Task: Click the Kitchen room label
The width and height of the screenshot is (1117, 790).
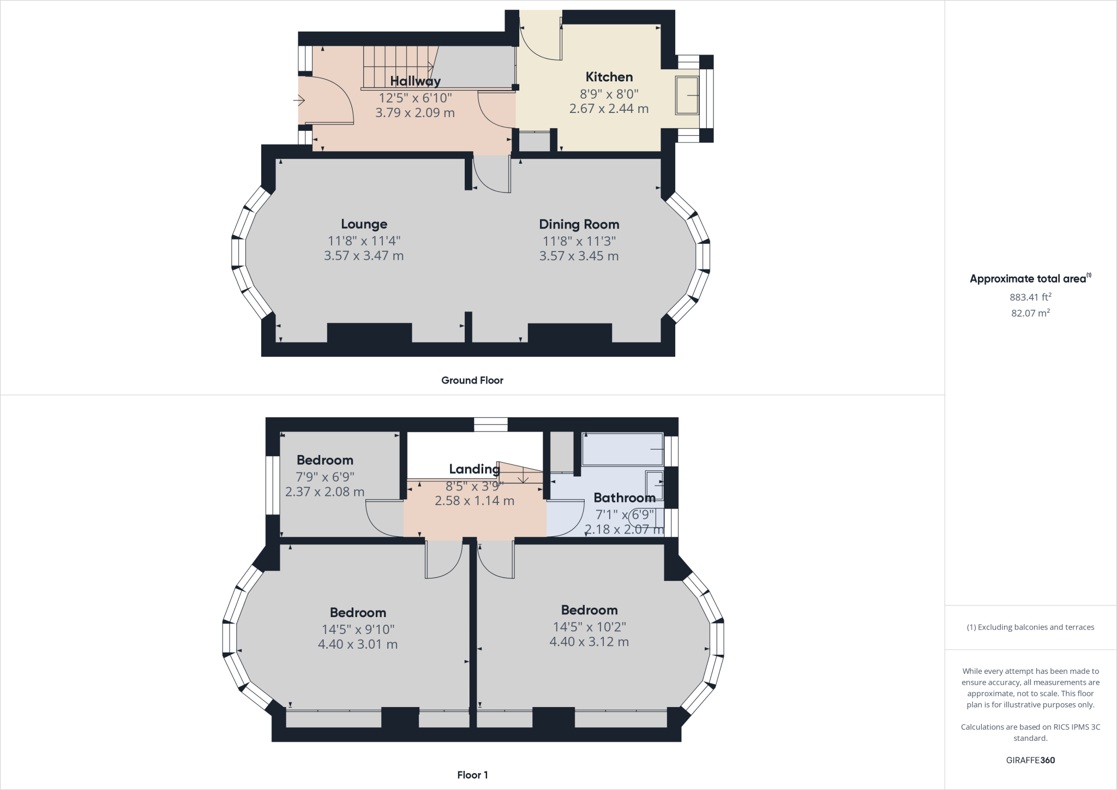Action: pos(609,77)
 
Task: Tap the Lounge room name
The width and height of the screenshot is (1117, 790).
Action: pos(364,224)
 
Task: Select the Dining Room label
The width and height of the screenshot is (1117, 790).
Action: pos(579,224)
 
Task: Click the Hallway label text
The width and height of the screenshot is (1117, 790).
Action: pos(415,81)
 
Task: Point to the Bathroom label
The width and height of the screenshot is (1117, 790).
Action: pos(624,498)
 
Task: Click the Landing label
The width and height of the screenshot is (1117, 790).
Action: pos(474,469)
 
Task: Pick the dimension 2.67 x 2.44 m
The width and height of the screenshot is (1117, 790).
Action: pos(609,109)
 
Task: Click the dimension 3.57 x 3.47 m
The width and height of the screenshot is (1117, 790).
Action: pos(364,256)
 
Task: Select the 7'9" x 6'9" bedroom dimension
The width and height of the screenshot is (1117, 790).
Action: pos(325,477)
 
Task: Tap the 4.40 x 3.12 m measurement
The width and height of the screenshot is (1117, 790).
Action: pos(589,642)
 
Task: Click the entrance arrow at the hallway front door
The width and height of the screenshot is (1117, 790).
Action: pos(299,100)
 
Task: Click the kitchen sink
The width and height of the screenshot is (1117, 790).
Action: pos(687,95)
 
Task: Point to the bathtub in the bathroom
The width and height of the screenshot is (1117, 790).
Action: pos(622,449)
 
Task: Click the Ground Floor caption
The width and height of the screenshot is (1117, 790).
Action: pos(472,380)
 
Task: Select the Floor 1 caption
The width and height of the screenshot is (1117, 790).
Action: pos(472,775)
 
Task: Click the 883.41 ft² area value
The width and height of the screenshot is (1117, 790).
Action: pos(1030,297)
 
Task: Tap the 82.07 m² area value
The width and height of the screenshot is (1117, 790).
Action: pos(1030,313)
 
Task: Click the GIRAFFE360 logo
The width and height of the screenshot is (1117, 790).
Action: pos(1030,760)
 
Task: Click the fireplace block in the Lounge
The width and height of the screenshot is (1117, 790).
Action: pos(369,333)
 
